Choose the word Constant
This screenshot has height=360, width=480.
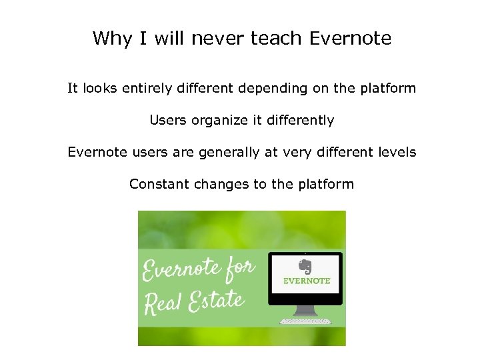(159, 184)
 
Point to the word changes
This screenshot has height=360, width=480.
(221, 184)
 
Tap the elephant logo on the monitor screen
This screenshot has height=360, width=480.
(305, 266)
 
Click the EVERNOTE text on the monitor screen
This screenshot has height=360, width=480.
(307, 281)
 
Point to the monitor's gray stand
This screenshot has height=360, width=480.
(306, 310)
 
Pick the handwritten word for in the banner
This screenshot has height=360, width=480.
(239, 268)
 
